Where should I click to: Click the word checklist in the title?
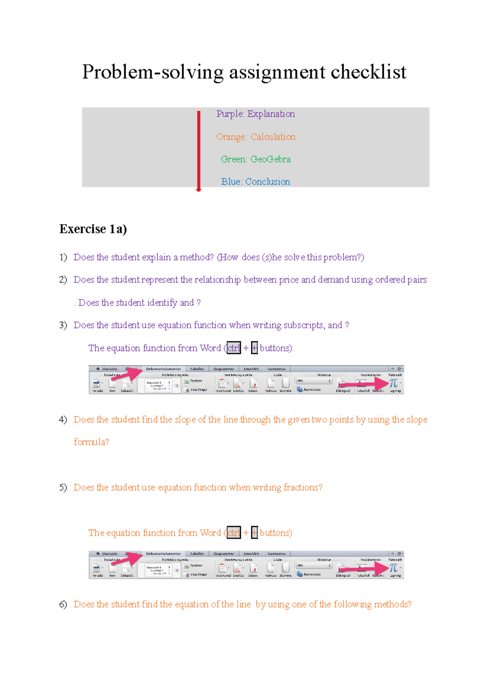(x=368, y=72)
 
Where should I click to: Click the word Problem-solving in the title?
(x=152, y=72)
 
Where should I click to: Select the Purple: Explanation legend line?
(x=255, y=114)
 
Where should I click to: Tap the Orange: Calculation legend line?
(x=255, y=137)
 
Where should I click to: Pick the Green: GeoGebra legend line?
(x=255, y=159)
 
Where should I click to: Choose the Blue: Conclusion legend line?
(x=255, y=182)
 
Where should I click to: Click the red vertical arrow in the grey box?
(x=198, y=150)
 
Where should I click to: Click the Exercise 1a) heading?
(x=93, y=229)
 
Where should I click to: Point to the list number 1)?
(x=63, y=257)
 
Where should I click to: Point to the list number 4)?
(x=63, y=419)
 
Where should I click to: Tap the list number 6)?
(x=63, y=604)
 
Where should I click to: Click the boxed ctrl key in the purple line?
(x=234, y=348)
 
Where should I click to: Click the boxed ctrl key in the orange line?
(x=234, y=533)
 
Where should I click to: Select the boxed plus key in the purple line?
(x=255, y=348)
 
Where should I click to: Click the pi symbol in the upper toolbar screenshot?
(x=393, y=383)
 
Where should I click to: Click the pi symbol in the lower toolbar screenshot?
(x=393, y=568)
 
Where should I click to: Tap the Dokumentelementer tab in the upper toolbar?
(x=163, y=369)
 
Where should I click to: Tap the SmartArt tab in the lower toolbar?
(x=251, y=553)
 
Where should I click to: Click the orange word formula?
(x=91, y=442)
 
